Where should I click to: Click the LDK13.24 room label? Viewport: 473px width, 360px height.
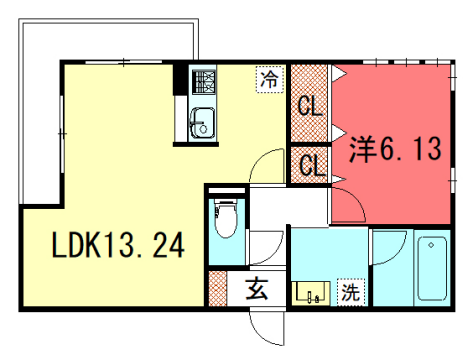(118, 245)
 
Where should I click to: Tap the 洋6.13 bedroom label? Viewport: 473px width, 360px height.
(393, 150)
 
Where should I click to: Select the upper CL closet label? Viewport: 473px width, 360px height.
(311, 105)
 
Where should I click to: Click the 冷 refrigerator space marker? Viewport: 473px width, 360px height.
(269, 77)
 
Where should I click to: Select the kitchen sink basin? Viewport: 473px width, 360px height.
(200, 122)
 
